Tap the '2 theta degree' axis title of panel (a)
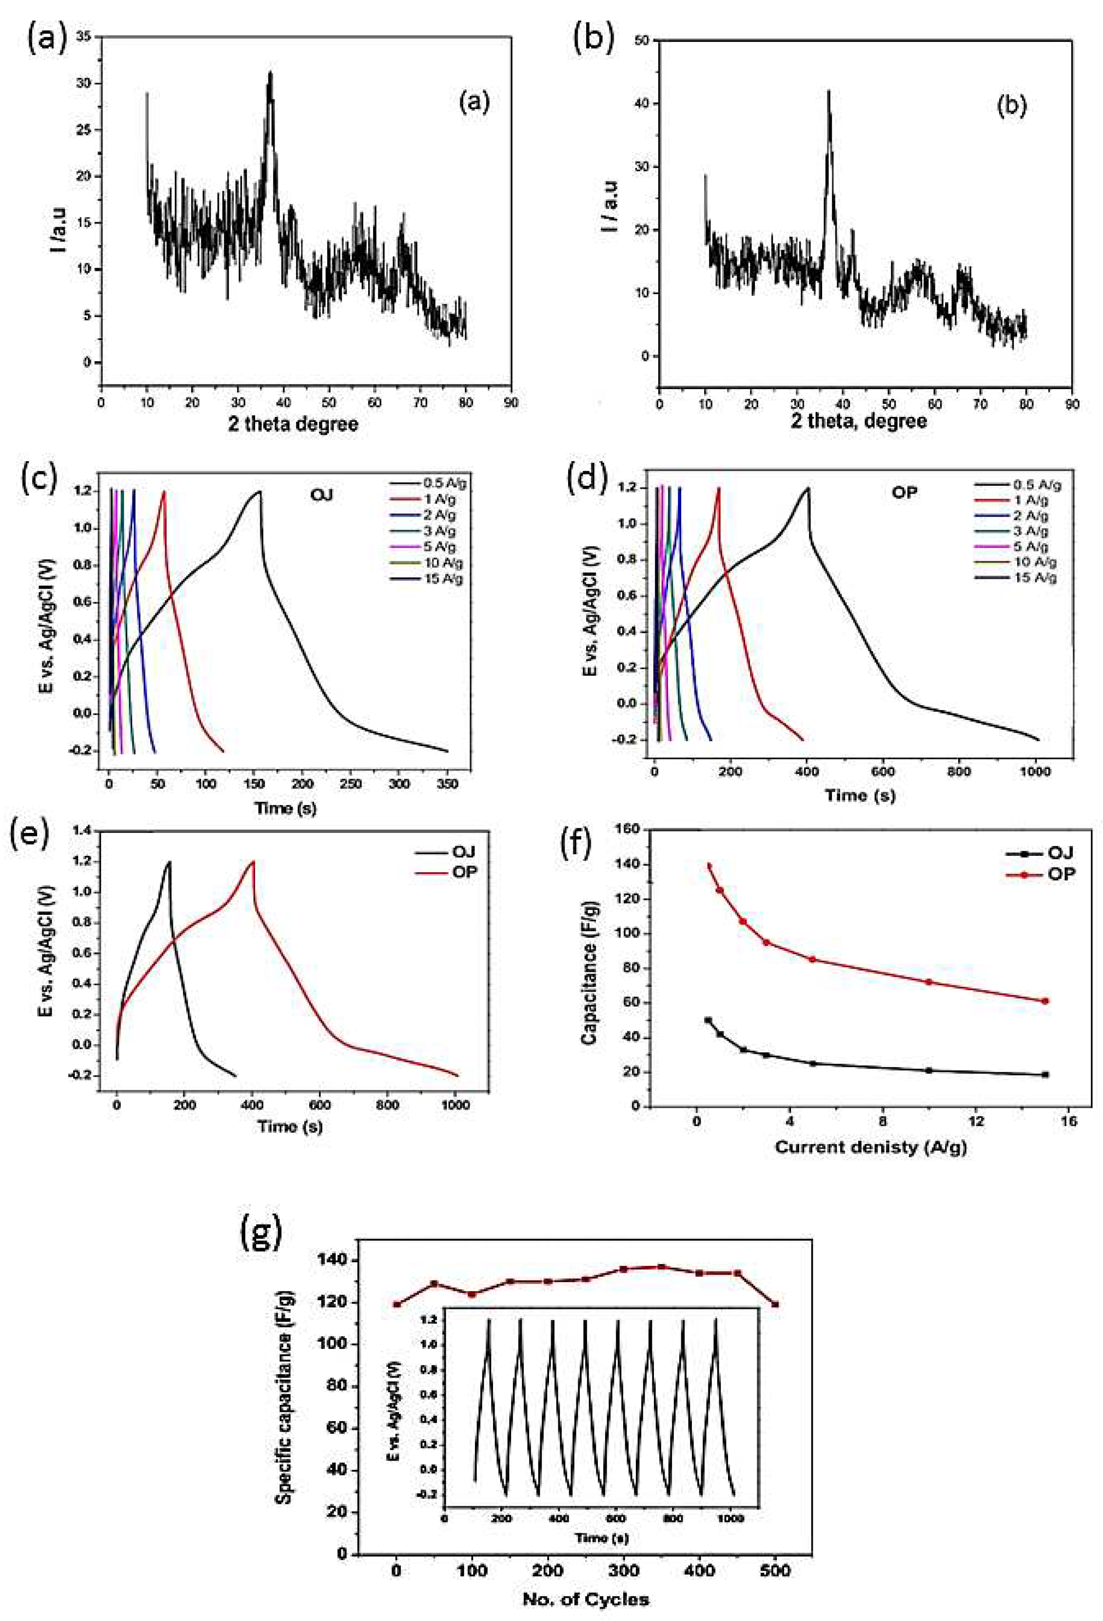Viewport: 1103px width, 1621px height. click(293, 423)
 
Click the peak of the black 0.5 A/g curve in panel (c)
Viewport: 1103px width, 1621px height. click(259, 492)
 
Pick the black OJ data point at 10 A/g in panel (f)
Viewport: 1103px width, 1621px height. click(928, 1070)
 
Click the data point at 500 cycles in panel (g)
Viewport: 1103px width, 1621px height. click(775, 1305)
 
